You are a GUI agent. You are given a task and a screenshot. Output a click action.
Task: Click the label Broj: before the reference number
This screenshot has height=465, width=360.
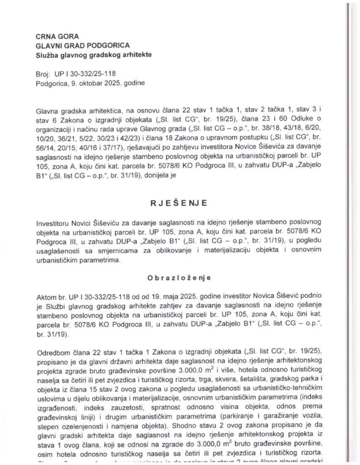(42, 74)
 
